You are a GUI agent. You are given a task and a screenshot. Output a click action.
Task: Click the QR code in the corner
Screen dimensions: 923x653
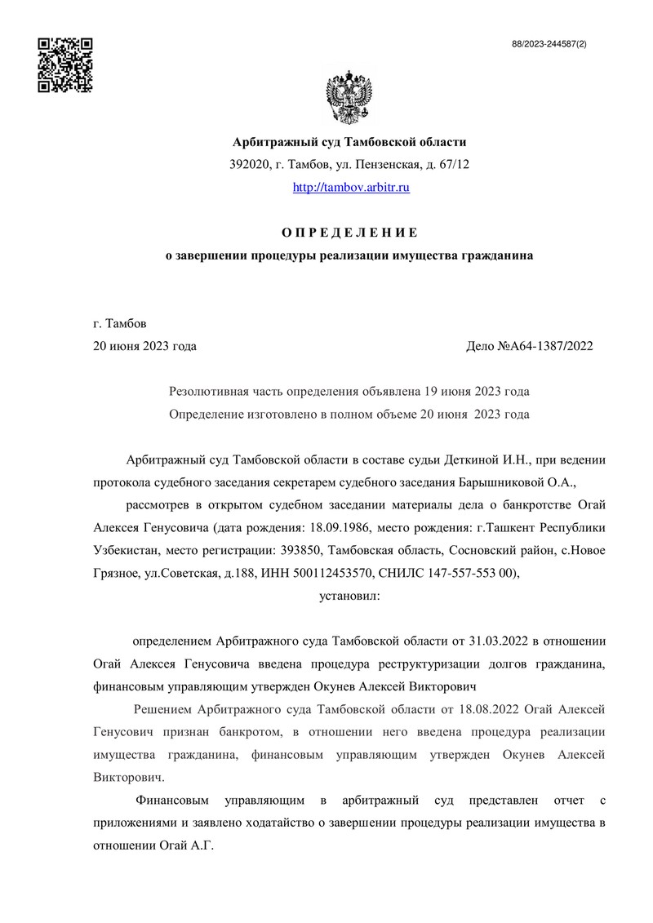coord(66,64)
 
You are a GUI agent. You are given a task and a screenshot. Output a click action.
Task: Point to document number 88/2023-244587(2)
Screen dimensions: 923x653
coord(548,44)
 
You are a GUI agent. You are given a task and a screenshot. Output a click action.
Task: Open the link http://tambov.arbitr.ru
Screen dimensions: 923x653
coord(351,188)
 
